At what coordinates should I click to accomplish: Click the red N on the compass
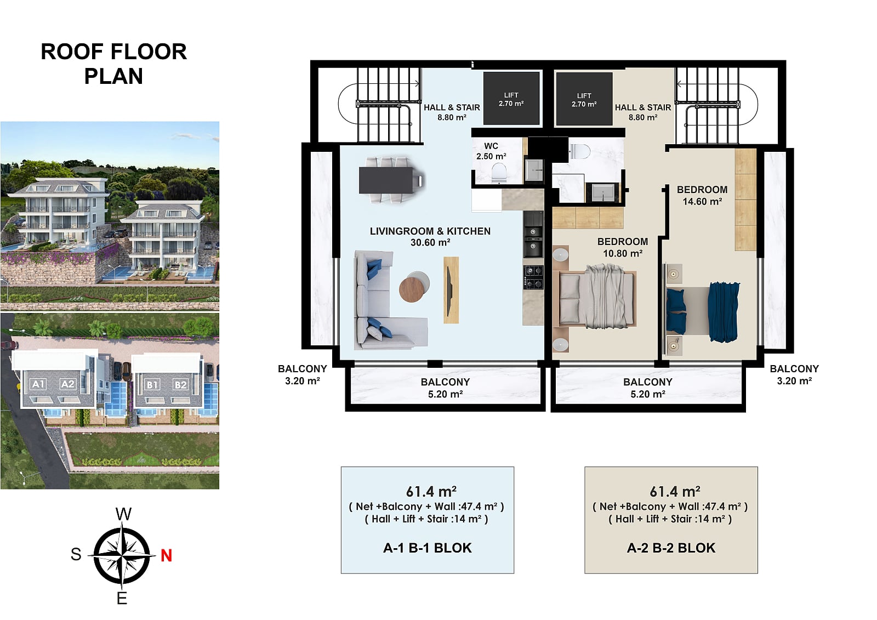pos(167,555)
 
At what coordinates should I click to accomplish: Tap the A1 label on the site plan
pos(38,384)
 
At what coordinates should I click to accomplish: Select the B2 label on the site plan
pos(180,385)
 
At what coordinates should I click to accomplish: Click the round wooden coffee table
pos(412,289)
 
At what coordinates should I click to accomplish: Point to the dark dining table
pos(386,180)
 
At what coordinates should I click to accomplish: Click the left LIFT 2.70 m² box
pos(511,99)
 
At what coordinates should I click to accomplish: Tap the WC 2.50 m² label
pos(491,151)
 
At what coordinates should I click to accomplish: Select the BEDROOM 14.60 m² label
pos(702,196)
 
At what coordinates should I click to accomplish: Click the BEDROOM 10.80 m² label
pos(623,247)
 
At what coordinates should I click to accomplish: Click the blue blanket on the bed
pos(724,312)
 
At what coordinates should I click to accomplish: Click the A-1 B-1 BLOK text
pos(428,548)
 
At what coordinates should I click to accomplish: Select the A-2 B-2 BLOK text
pos(671,548)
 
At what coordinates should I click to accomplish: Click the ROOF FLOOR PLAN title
pos(113,64)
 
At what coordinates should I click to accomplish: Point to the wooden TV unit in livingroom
pos(451,290)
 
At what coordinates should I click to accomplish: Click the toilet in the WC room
pos(499,173)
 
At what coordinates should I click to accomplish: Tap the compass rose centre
pos(122,555)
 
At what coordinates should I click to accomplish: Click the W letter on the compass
pos(123,514)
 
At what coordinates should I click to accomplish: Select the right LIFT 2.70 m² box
pos(584,99)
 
